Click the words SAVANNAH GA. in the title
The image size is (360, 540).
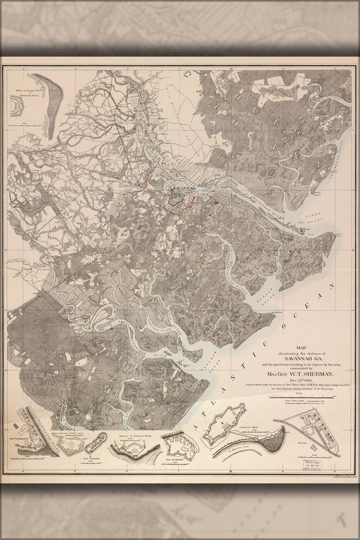point(284,356)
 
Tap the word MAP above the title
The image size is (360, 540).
point(284,345)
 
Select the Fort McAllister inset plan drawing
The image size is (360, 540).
point(179,446)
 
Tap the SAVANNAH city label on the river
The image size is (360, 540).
point(186,187)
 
